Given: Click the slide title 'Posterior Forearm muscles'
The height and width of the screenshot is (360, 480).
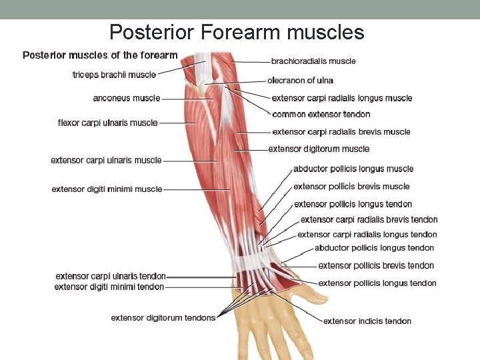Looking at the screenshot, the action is tap(237, 32).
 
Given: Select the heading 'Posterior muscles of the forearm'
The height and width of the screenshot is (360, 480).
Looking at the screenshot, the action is tap(100, 55).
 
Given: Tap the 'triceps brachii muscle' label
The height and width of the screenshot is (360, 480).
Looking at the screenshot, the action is tap(114, 75).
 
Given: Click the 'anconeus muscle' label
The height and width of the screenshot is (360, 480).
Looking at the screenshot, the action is tap(127, 98).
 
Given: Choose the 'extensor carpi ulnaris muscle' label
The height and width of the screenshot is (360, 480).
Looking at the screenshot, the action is tap(107, 160).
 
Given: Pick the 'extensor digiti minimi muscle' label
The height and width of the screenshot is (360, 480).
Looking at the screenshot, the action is tap(107, 189).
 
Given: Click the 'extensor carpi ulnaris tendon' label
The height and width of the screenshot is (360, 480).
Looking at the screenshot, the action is tap(111, 276).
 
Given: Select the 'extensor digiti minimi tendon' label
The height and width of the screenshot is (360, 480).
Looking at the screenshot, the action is tap(109, 287).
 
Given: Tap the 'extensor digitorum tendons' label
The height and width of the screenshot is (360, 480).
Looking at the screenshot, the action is tap(163, 317).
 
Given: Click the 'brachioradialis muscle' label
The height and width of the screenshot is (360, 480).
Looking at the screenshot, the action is tap(313, 61).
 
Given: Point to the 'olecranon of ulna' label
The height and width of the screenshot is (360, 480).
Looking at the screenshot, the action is tap(300, 81).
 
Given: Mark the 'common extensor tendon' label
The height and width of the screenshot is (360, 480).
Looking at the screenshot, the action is tap(321, 115).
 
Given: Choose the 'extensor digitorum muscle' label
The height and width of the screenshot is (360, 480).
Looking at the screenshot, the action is tap(319, 149).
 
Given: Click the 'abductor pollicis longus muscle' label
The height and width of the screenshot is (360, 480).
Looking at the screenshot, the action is tap(353, 169).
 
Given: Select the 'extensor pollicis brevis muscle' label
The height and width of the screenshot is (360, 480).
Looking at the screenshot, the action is tap(351, 187).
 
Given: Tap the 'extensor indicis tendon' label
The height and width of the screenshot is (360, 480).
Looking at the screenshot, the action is tap(367, 321).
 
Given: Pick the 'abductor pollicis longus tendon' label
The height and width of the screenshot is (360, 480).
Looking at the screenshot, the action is tap(374, 248).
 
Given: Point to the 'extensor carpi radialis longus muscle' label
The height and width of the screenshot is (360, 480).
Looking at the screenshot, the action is tap(342, 98).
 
